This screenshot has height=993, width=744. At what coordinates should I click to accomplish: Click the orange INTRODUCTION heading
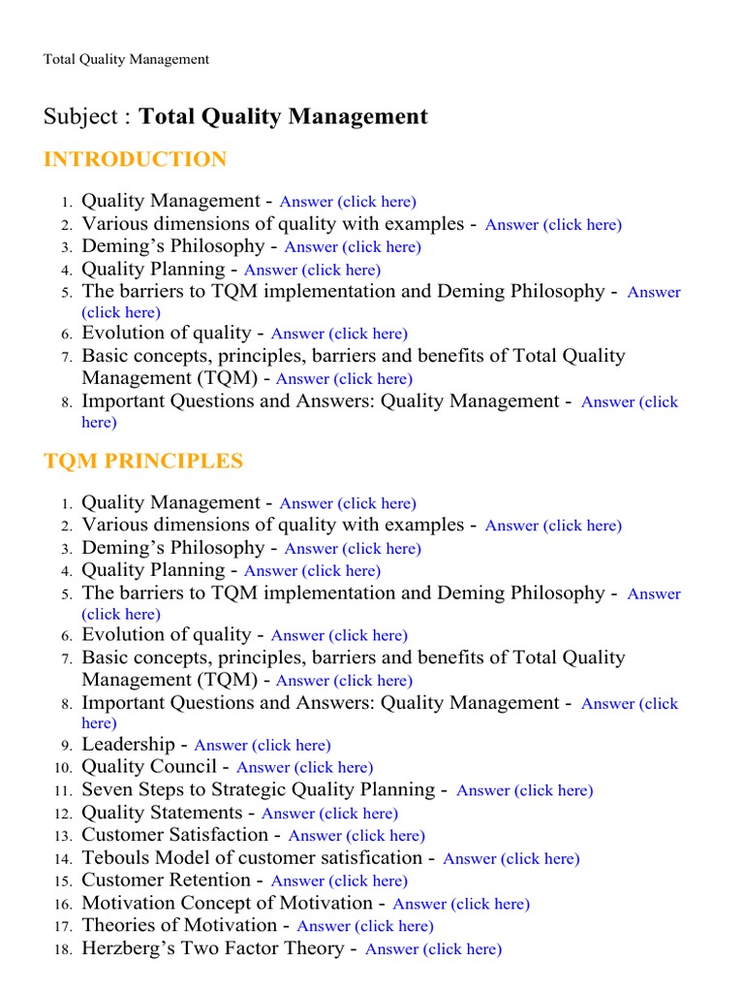135,160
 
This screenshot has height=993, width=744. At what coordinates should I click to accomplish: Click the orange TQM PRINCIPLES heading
143,462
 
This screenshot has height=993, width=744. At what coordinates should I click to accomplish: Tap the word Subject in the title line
78,117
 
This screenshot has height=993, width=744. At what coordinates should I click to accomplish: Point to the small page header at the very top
126,59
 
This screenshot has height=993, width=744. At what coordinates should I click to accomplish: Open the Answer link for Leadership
262,746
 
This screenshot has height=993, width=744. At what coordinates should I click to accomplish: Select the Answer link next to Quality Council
304,768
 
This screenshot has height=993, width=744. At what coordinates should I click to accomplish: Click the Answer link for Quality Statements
329,814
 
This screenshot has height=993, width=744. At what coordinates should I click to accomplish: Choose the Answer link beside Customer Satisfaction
356,836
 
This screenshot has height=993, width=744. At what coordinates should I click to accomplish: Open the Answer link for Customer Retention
339,881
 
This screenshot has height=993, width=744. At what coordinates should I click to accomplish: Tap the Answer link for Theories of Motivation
364,926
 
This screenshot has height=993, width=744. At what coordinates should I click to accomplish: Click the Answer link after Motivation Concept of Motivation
461,904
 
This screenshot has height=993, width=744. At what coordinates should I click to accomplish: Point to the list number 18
63,950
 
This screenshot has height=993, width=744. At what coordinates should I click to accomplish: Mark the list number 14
63,859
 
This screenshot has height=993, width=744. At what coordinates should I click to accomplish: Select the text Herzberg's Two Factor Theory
212,948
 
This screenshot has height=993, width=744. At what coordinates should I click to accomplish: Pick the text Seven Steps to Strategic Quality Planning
258,790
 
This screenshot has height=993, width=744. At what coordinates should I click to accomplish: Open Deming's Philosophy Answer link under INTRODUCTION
353,247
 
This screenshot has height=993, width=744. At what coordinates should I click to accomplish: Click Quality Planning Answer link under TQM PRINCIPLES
312,571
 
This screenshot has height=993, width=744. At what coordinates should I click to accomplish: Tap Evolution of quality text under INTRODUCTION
166,333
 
